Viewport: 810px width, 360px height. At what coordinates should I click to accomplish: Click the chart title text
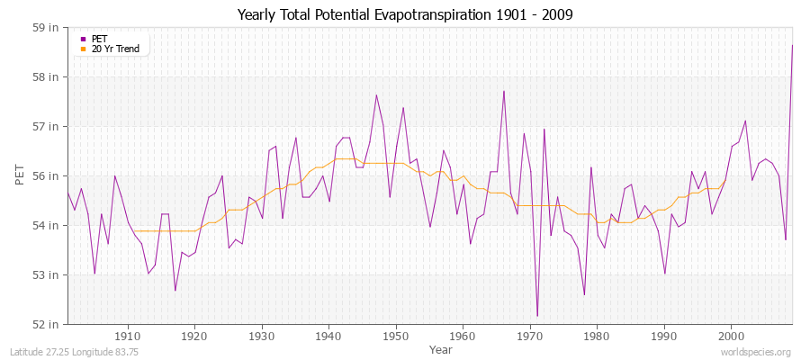(x=404, y=14)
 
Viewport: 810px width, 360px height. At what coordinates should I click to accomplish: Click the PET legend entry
(x=100, y=39)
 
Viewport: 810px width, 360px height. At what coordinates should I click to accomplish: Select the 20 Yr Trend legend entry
(x=116, y=49)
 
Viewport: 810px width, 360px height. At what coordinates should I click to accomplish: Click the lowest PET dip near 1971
(x=537, y=316)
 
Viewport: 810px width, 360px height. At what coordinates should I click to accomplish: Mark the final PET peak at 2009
(x=792, y=45)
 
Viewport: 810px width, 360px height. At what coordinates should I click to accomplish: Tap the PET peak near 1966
(x=504, y=91)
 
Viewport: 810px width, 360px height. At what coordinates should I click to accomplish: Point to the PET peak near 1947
(x=376, y=94)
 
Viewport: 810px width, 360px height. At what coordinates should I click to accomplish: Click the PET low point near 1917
(x=175, y=290)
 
